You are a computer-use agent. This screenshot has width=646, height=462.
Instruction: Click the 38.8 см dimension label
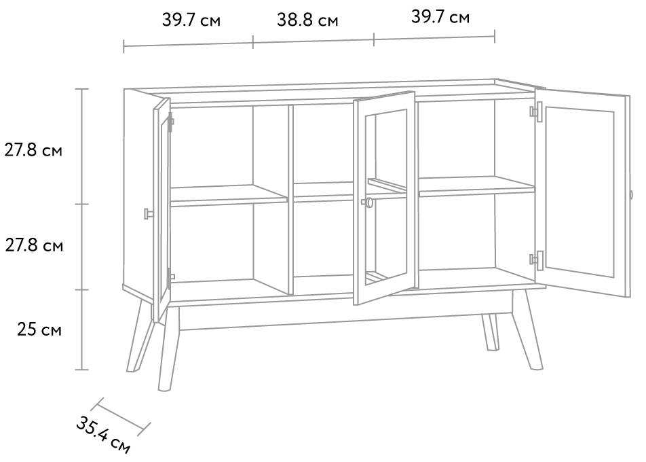coord(307,20)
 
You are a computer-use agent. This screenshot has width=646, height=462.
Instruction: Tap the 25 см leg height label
coord(39,330)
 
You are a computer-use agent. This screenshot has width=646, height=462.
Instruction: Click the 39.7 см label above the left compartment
coord(191,20)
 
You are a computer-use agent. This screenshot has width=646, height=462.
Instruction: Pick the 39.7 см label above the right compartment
coord(440,17)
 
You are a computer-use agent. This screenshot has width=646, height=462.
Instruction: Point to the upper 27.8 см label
coord(33,150)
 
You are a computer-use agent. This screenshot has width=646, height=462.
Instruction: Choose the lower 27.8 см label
coord(34,245)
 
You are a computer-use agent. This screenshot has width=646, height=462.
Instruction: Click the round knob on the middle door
coord(368,202)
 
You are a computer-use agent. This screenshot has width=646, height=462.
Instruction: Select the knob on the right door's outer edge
coord(631,196)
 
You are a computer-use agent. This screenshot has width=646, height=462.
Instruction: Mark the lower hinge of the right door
coord(537,260)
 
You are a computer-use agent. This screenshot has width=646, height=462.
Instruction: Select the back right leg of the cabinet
coord(490,332)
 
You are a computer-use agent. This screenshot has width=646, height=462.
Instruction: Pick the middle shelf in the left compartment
coord(229,195)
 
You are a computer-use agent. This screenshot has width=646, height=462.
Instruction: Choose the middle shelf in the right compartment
coord(476,186)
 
